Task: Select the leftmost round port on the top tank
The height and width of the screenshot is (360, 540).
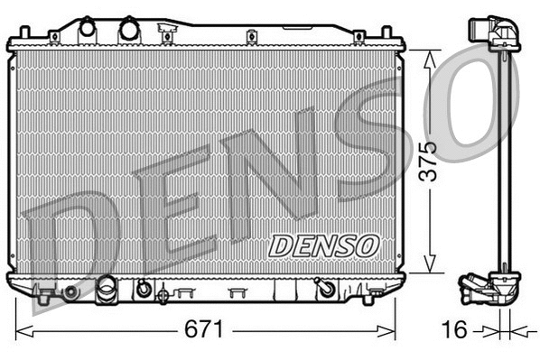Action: pos(88,28)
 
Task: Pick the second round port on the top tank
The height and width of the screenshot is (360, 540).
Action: pos(129,28)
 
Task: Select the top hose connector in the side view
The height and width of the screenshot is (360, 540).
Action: pos(495,33)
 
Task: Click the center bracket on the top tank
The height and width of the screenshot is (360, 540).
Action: pos(166,34)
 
